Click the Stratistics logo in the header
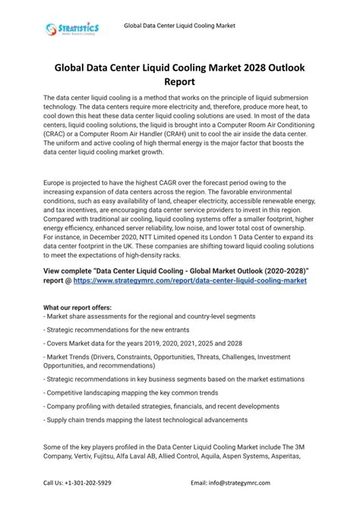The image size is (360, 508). pyautogui.click(x=71, y=29)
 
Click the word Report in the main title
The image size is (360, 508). pyautogui.click(x=180, y=83)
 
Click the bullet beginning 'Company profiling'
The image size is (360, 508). pyautogui.click(x=152, y=406)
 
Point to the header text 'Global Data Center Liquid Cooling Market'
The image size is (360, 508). pyautogui.click(x=180, y=26)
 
